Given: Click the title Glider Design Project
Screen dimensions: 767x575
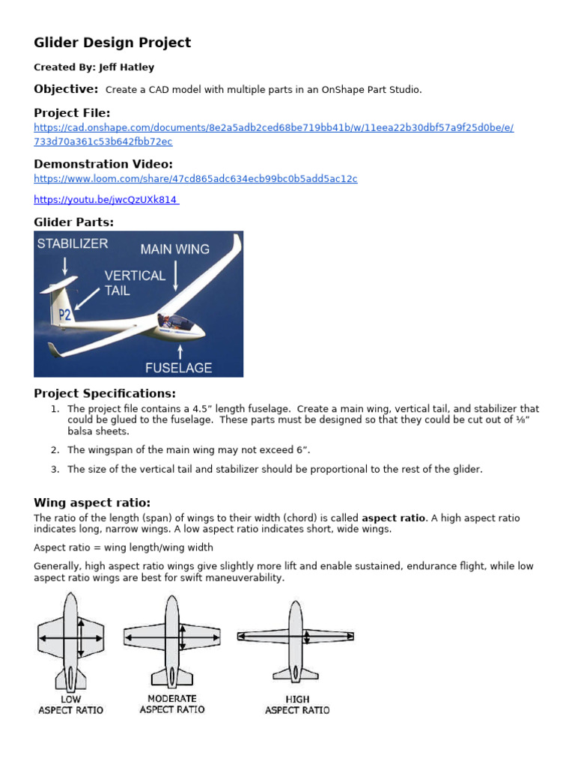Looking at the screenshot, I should click(112, 43).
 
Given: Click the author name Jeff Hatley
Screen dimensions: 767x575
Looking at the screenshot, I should click(127, 67).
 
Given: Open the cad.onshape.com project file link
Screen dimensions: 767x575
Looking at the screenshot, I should click(273, 128).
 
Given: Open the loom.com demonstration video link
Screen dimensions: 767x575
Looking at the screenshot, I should click(195, 179).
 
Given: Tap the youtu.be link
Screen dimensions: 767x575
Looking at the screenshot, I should click(106, 200).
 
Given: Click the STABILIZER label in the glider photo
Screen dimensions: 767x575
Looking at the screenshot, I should click(73, 243).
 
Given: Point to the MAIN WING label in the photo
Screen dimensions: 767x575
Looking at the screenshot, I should click(175, 249).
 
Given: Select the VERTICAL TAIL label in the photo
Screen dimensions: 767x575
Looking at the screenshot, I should click(135, 282).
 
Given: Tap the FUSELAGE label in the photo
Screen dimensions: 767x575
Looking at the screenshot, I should click(178, 367).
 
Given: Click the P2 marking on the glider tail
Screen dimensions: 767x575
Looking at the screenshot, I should click(65, 315).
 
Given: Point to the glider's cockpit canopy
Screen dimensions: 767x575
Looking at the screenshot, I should click(175, 322).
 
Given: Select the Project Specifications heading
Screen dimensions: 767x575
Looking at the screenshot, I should click(105, 393).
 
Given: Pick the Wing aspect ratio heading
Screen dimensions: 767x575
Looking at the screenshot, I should click(92, 503).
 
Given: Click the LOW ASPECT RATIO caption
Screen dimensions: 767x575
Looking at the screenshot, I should click(71, 704).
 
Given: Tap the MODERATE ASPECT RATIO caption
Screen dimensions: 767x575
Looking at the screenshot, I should click(172, 704).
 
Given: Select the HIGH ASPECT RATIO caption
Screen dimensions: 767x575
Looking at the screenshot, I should click(297, 704).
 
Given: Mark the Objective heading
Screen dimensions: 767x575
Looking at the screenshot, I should click(66, 89).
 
